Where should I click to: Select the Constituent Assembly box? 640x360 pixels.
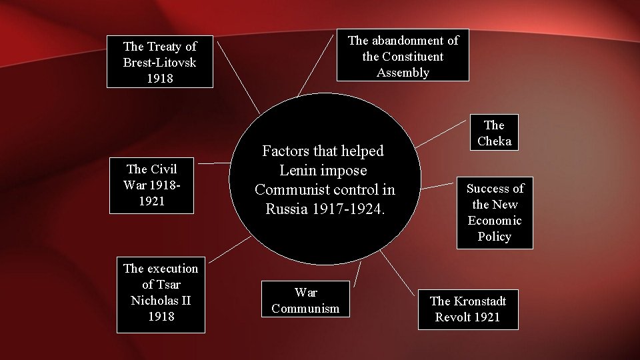[x=403, y=57]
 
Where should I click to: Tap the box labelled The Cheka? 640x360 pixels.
[x=494, y=133]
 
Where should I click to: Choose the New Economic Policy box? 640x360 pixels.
[x=495, y=213]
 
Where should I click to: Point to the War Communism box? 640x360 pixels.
[x=306, y=300]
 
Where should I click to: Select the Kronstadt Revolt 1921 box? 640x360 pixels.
[x=467, y=309]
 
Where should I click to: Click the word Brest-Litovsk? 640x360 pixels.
[x=160, y=63]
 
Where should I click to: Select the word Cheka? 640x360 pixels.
[x=494, y=141]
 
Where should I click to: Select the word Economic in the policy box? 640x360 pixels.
[x=495, y=221]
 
